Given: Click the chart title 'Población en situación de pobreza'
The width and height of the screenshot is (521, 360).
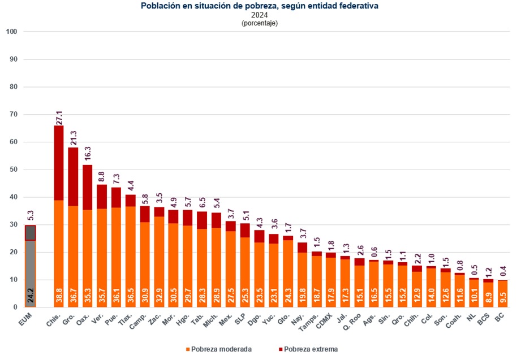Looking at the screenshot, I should click(260, 6).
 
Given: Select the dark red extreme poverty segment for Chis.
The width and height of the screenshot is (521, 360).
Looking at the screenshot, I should click(59, 163).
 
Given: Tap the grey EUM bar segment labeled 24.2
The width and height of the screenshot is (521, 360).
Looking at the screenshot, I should click(31, 274).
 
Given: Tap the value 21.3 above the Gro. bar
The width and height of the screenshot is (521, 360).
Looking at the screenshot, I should click(73, 137).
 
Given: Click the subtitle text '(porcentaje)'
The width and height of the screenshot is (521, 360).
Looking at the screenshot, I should click(260, 23).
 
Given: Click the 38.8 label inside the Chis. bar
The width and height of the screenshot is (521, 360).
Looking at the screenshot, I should click(59, 296).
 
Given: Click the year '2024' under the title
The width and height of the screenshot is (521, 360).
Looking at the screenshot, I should click(260, 15).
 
